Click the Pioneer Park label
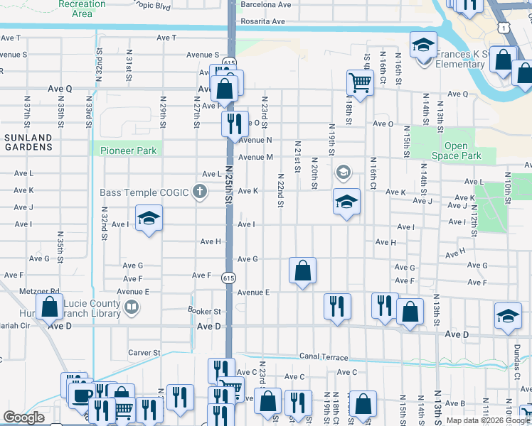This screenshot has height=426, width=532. click(x=128, y=151)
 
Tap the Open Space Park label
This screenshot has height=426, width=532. click(x=456, y=151)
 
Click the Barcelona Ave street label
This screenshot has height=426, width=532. click(x=265, y=4)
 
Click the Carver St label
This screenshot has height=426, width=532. click(x=144, y=352)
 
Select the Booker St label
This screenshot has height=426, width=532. click(x=205, y=311)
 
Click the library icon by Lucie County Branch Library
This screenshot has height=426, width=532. click(x=131, y=307)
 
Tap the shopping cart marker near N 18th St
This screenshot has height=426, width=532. click(x=361, y=83)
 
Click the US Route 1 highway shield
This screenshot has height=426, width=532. click(x=503, y=27)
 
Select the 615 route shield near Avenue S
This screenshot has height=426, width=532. click(x=228, y=62)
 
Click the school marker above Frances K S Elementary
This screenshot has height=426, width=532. click(x=423, y=45)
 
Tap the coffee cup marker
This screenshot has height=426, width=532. click(x=83, y=395)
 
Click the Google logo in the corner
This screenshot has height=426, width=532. click(x=24, y=417)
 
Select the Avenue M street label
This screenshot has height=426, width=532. click(x=255, y=158)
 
